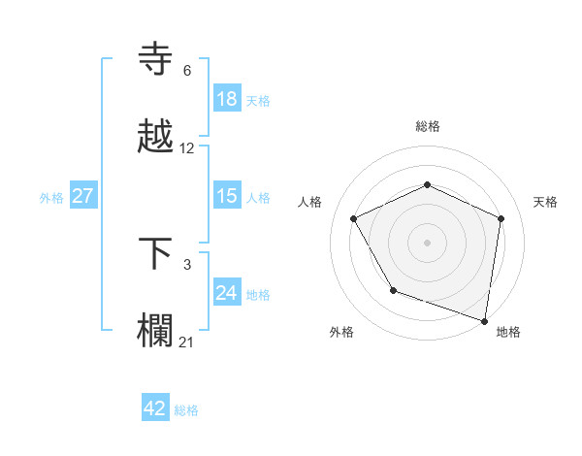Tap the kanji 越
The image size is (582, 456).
[158, 137]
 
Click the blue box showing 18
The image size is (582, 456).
[227, 99]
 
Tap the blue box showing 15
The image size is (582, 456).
[227, 196]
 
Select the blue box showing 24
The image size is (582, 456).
[227, 292]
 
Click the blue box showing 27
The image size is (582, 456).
[83, 196]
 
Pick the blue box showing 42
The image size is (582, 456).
[155, 408]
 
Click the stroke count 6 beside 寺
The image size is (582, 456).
[187, 71]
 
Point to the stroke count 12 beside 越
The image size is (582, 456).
[187, 148]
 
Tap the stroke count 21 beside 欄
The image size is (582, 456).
[187, 341]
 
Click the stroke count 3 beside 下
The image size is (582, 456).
[187, 264]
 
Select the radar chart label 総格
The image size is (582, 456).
[428, 126]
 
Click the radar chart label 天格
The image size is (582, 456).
[545, 202]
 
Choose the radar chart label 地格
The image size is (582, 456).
[508, 332]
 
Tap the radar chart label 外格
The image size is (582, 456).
[341, 332]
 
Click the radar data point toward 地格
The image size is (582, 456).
[485, 320]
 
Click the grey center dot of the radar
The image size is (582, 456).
[427, 242]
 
